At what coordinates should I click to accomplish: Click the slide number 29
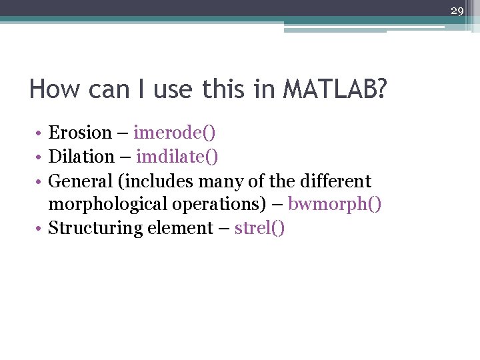[x=457, y=10]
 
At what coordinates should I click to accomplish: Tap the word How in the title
[x=51, y=89]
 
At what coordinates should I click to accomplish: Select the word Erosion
[x=79, y=133]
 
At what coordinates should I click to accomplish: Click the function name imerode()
[x=174, y=133]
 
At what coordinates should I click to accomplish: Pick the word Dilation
[x=81, y=157]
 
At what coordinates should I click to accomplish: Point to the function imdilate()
[x=177, y=157]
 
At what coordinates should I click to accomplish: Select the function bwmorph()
[x=335, y=204]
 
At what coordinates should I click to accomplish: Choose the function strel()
[x=259, y=228]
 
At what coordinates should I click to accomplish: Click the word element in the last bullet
[x=186, y=228]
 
